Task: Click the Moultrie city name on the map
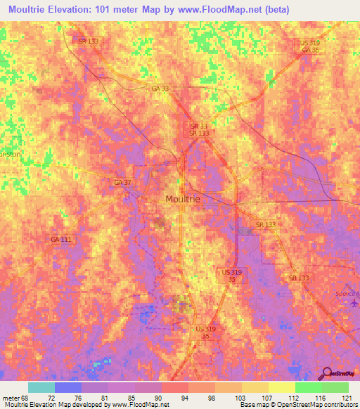[x=182, y=199]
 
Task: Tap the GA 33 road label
[x=159, y=87]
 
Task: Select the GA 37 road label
[x=122, y=182]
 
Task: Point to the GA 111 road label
[x=60, y=240]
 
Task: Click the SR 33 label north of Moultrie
[x=197, y=124]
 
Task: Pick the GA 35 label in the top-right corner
[x=310, y=50]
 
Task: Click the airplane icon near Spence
[x=354, y=304]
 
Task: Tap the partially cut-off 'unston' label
[x=11, y=152]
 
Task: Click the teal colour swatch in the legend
[x=41, y=387]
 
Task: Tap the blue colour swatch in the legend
[x=68, y=387]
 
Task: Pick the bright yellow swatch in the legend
[x=282, y=387]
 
